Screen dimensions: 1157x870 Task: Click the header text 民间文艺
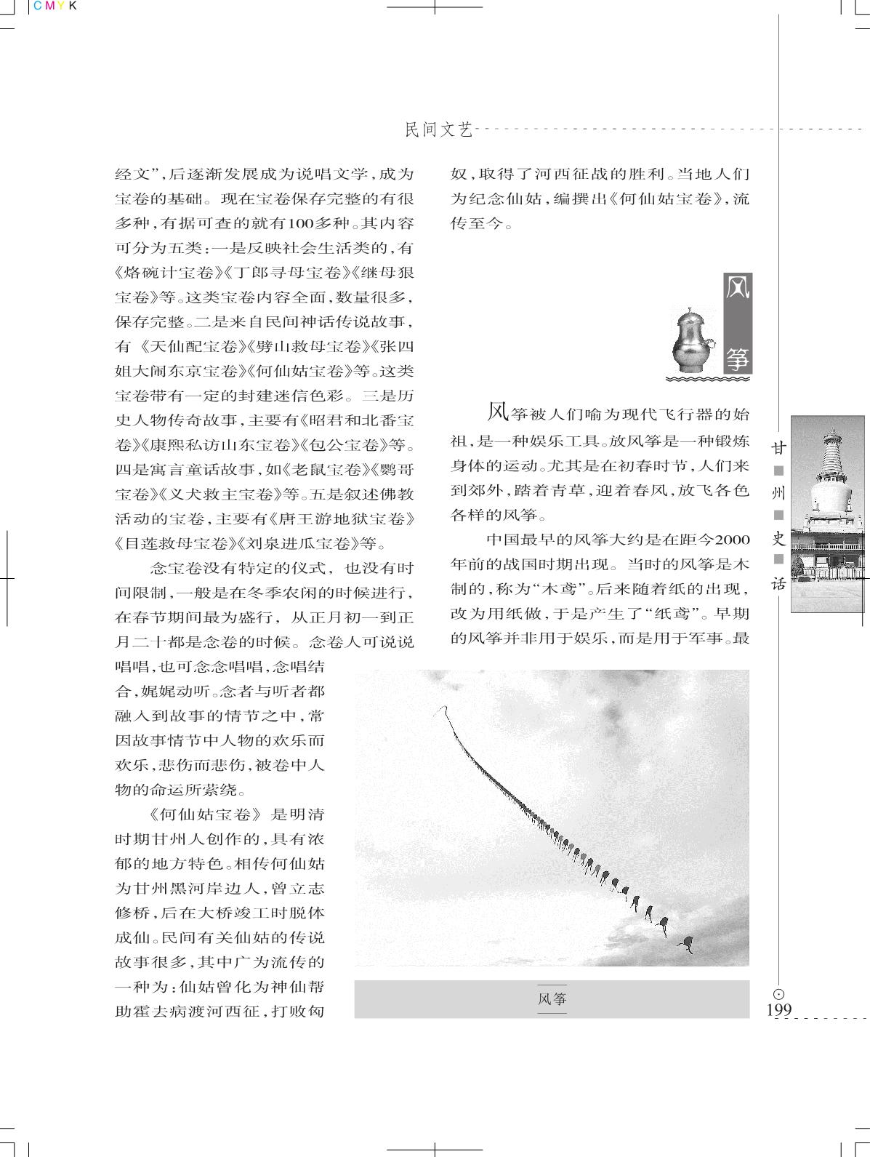tap(438, 130)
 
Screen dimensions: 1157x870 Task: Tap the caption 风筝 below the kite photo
tap(552, 998)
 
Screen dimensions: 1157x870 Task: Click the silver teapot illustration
tap(690, 340)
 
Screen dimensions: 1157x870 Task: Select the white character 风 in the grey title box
tap(737, 295)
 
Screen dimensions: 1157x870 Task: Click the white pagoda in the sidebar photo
tap(829, 495)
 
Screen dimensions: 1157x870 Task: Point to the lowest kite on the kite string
tap(685, 945)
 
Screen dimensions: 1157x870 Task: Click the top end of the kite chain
tap(440, 708)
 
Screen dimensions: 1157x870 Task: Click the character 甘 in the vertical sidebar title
tap(779, 446)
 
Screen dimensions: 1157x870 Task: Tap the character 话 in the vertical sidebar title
tap(779, 583)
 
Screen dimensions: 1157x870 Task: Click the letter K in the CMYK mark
tap(71, 6)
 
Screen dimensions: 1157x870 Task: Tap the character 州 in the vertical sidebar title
tap(779, 492)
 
